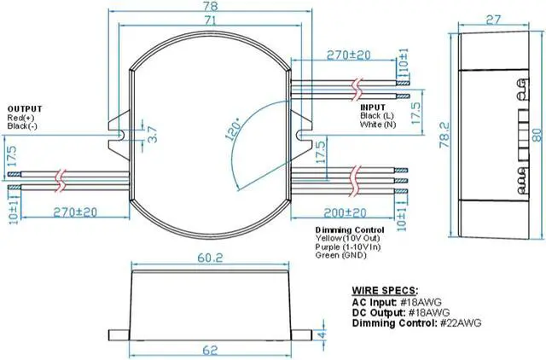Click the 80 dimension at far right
[x=537, y=134]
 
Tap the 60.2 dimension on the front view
[x=210, y=255]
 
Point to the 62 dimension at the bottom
[x=212, y=350]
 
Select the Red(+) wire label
[x=21, y=117]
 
